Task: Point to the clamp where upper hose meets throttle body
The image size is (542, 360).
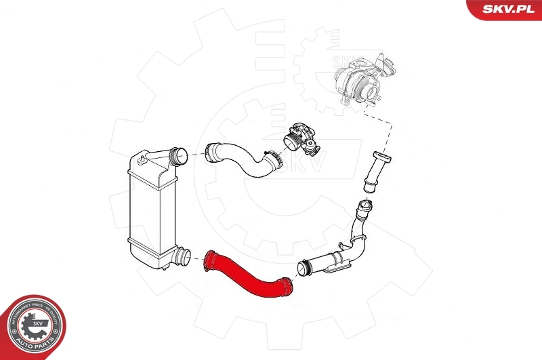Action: [274, 161]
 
